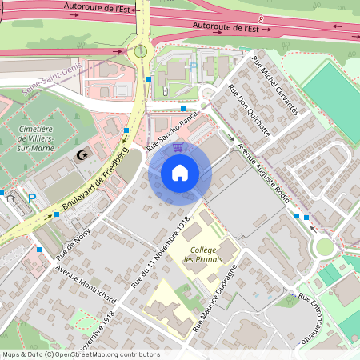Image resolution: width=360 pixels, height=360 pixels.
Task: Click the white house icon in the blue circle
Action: pos(180,173)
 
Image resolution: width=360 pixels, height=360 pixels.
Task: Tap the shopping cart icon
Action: pos(178,147)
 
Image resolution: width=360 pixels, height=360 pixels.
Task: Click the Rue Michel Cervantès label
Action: pos(274,84)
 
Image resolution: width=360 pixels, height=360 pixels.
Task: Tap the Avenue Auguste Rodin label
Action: pos(264,170)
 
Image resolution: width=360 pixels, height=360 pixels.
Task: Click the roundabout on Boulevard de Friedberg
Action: pos(142,51)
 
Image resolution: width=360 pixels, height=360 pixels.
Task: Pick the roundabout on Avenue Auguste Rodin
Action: pos(324,246)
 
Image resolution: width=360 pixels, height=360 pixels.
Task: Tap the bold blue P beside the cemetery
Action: pos(32,198)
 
